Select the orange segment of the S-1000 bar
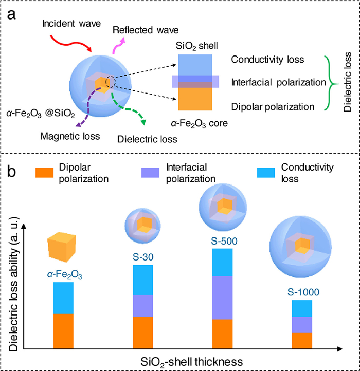click(x=302, y=340)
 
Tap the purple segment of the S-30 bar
click(x=143, y=306)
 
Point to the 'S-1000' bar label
click(x=302, y=291)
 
